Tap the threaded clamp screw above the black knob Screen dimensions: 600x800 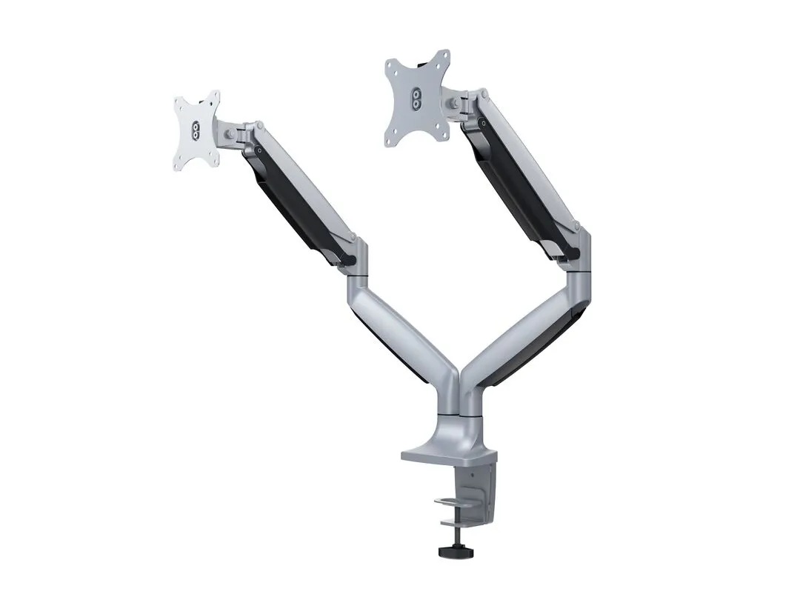tap(450, 538)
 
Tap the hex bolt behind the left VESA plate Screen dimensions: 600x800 tap(233, 133)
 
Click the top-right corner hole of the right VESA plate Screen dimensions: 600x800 tap(443, 59)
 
